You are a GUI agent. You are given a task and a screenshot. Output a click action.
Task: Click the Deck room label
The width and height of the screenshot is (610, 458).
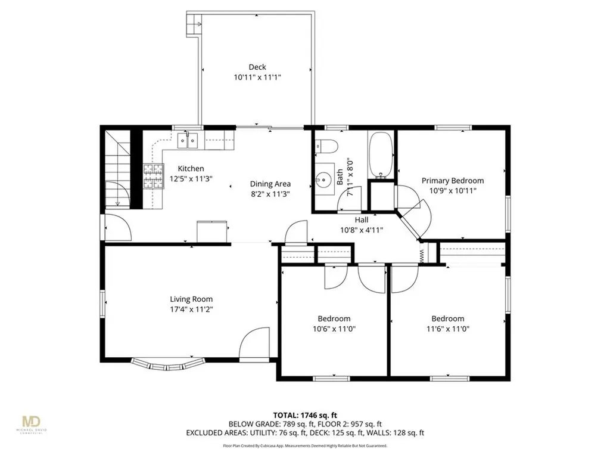(x=257, y=67)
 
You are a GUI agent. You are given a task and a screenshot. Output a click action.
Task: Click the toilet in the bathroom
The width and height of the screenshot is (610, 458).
(x=326, y=146)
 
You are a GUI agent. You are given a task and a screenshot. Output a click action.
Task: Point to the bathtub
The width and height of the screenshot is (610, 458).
(x=381, y=154)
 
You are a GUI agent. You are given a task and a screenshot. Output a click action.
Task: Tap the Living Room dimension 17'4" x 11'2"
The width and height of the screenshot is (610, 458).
(x=191, y=310)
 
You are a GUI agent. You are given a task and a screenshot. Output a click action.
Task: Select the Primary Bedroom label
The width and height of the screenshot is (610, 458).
(x=453, y=181)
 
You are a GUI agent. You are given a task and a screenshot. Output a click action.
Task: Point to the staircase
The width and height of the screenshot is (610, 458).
(x=117, y=170)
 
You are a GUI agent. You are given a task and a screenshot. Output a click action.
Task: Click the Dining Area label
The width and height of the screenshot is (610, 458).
(x=270, y=184)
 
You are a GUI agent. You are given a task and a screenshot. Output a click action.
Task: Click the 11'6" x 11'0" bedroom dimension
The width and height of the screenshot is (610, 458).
(x=447, y=329)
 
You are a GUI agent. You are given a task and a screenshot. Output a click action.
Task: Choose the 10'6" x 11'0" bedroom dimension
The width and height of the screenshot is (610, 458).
(x=334, y=329)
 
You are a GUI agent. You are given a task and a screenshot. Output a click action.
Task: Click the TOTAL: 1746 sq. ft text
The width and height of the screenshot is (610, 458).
(x=304, y=414)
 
